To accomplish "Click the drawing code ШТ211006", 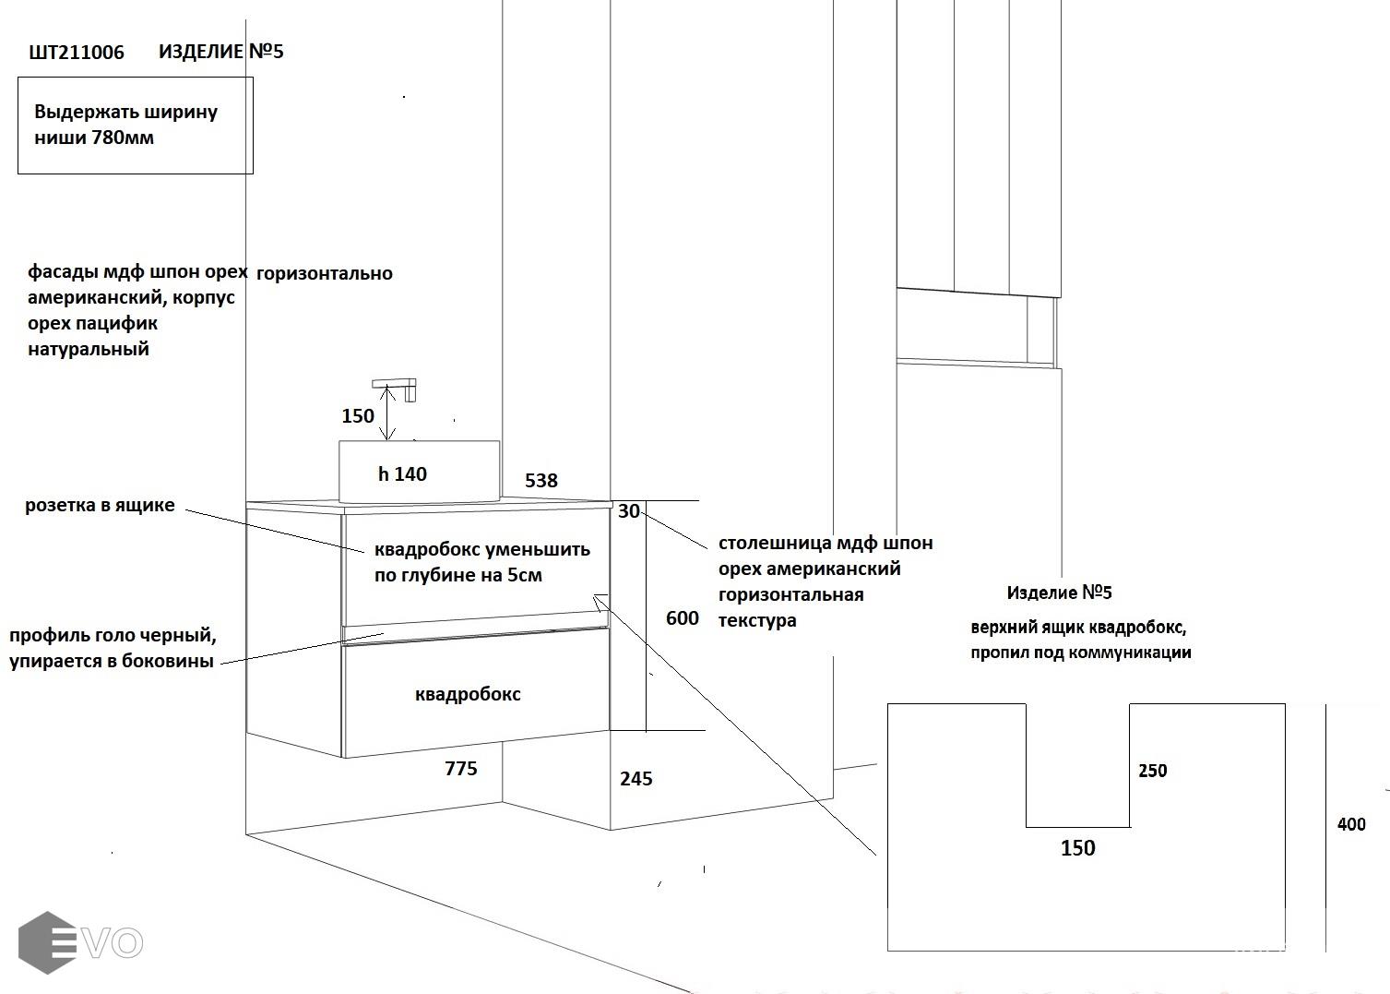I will tap(77, 53).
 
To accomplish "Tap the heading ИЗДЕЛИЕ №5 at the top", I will tap(221, 52).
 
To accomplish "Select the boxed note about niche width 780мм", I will tap(135, 126).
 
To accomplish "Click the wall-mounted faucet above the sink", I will tap(397, 388).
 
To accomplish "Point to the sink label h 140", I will tap(403, 474).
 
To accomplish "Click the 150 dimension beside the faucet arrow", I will tap(358, 415).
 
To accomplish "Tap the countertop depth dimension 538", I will tap(541, 481).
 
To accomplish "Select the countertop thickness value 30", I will tap(628, 511).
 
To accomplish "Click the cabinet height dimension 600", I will tap(683, 618).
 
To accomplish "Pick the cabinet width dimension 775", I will tap(461, 769).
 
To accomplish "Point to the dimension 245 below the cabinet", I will tap(636, 779).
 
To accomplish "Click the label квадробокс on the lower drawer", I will tap(468, 694).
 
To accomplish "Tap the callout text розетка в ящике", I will tap(100, 506).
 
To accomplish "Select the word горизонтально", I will tap(325, 274).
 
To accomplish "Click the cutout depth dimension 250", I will tap(1153, 771).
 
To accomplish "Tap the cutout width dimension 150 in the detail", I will tap(1077, 848).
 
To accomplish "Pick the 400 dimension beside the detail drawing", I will tap(1351, 824).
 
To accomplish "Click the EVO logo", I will tap(80, 942).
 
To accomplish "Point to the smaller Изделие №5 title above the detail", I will tap(1060, 593).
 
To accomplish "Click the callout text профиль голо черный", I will tap(113, 636).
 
